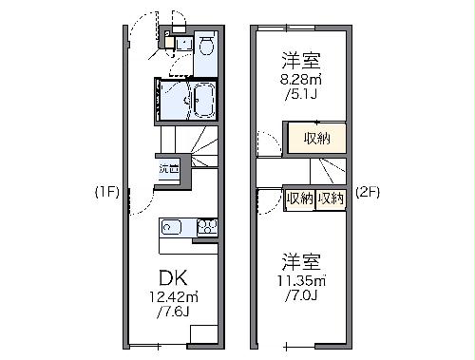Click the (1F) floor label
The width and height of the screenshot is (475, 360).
pos(105,191)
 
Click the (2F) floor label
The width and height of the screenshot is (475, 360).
pos(368,191)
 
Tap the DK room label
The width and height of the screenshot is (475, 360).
pos(171,278)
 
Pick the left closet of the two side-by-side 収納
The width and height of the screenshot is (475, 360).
pos(300,199)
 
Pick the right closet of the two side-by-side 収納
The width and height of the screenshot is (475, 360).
pos(331,199)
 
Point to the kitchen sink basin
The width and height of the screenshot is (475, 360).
pos(172,226)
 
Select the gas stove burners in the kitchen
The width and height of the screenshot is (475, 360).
pos(206,226)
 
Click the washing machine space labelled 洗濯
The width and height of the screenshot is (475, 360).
pos(168,169)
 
